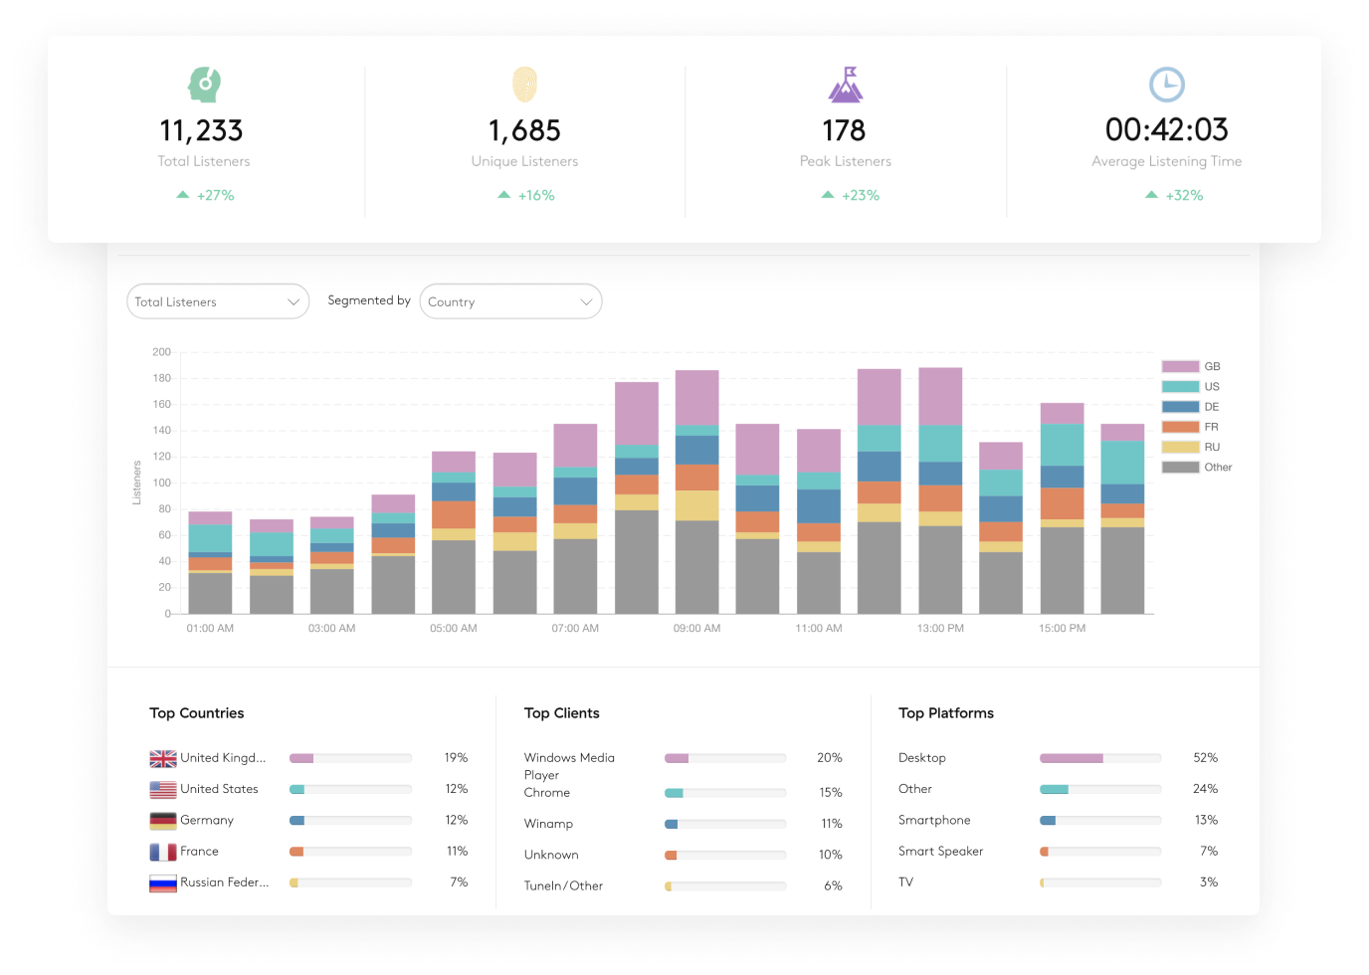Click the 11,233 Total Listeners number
201,130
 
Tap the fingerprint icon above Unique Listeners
524,85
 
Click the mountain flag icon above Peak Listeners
846,85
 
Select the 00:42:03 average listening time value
1166,129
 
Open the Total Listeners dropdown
218,301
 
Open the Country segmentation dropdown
510,301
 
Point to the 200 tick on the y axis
161,352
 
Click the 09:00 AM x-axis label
696,628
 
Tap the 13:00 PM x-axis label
940,628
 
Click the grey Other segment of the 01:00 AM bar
210,593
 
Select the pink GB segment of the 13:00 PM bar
940,396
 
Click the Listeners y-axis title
137,483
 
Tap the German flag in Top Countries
163,821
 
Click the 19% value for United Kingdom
456,758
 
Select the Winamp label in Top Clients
548,824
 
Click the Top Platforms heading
945,713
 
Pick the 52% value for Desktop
1205,758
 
